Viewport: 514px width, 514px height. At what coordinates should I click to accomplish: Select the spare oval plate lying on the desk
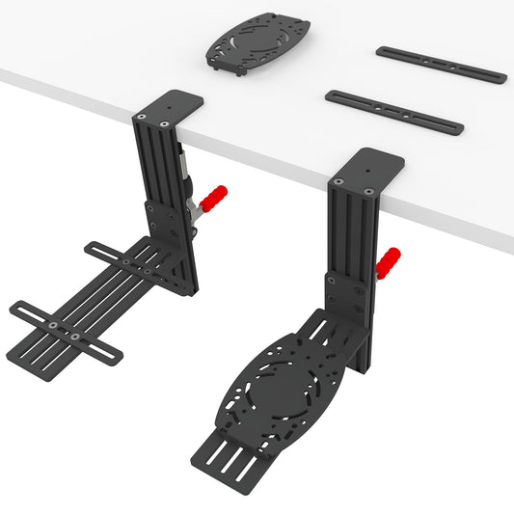click(x=258, y=43)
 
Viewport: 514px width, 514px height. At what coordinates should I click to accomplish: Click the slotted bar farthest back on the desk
click(x=440, y=64)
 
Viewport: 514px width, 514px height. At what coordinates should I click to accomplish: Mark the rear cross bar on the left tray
click(x=126, y=260)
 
